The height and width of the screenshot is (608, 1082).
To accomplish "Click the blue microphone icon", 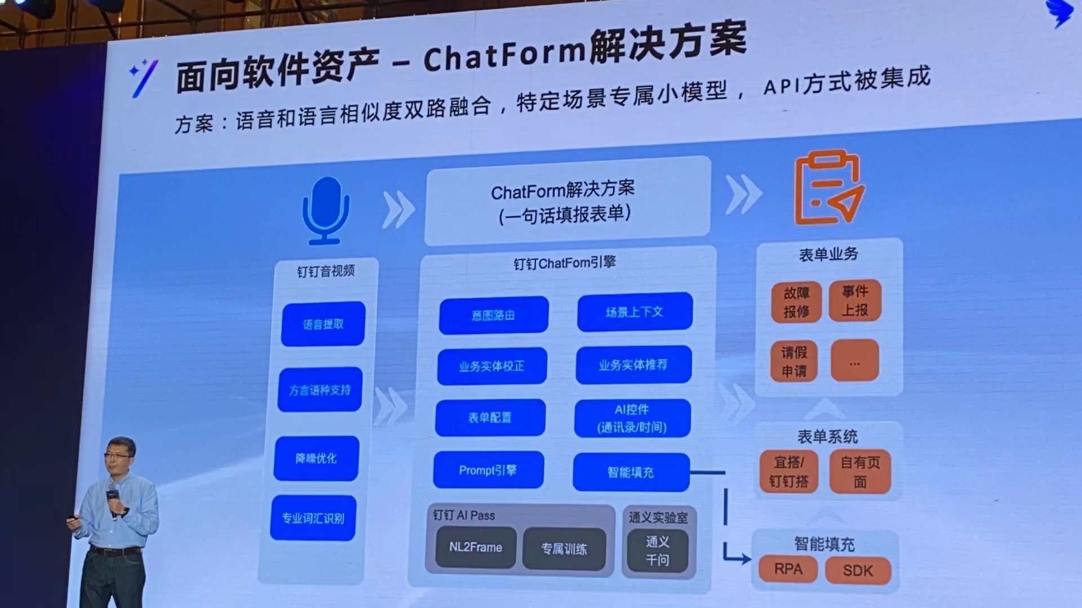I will (x=326, y=210).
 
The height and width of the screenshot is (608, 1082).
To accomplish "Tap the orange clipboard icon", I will (x=827, y=189).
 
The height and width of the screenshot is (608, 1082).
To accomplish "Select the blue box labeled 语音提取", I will (x=323, y=324).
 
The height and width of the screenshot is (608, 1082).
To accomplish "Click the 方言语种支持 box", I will (x=320, y=390).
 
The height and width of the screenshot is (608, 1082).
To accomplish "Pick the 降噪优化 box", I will (x=316, y=458).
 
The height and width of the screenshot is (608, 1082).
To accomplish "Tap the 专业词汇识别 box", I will (x=313, y=518).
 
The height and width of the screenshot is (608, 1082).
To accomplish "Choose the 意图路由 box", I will (x=493, y=315).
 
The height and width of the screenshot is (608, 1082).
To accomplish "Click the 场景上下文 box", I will (x=635, y=312).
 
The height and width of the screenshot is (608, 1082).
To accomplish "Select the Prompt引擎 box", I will (x=488, y=470).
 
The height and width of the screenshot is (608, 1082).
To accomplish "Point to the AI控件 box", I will (x=632, y=418).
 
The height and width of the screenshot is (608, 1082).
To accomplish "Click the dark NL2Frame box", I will (x=476, y=547).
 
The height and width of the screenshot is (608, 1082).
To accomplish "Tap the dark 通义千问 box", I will (x=657, y=551).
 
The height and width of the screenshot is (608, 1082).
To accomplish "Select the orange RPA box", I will (x=788, y=569).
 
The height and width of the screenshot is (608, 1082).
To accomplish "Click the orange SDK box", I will (x=858, y=571).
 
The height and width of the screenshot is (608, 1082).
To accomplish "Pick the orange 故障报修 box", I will (x=796, y=302).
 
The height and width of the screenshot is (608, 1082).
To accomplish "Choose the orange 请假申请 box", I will (x=793, y=361).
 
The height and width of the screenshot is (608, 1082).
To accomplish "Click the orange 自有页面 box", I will (x=860, y=472).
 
